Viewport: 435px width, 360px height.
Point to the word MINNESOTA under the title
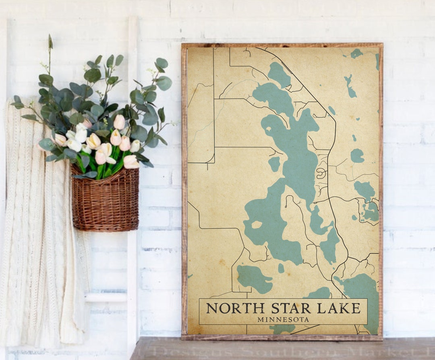click(x=283, y=319)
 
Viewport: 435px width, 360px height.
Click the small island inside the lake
click(x=257, y=224)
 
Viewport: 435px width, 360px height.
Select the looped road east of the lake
click(x=321, y=173)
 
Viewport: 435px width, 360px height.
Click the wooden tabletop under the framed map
click(x=282, y=349)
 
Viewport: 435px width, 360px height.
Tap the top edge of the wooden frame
click(x=282, y=46)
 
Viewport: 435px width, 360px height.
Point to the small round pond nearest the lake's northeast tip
click(x=331, y=110)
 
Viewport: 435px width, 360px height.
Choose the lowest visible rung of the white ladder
click(x=106, y=298)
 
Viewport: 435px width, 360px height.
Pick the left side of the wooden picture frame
click(x=184, y=189)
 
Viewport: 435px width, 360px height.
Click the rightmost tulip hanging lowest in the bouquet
click(x=131, y=162)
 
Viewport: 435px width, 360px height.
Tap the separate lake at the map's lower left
click(x=254, y=278)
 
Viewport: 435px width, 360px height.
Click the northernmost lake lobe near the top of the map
click(x=279, y=74)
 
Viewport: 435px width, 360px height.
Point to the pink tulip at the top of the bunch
click(x=119, y=122)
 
